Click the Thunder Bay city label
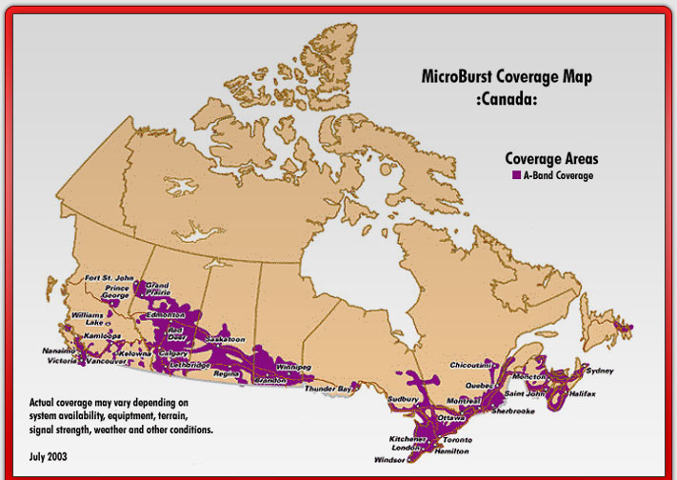click(329, 389)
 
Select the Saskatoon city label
click(227, 339)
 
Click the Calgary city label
click(174, 352)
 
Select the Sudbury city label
click(406, 399)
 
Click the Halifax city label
click(582, 393)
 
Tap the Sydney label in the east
click(600, 370)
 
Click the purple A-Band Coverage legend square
click(516, 176)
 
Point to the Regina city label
click(226, 375)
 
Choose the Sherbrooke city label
click(513, 410)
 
